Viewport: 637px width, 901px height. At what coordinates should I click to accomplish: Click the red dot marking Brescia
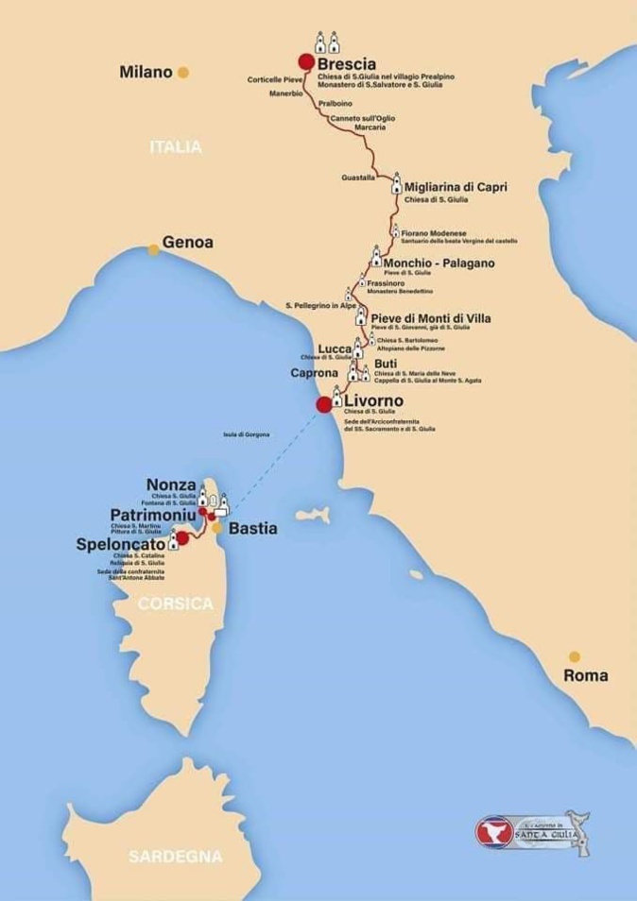point(306,61)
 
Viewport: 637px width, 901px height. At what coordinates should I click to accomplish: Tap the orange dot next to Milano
point(183,72)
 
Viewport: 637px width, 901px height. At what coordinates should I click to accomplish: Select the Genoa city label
point(188,242)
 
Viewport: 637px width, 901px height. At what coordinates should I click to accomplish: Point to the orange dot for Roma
point(574,656)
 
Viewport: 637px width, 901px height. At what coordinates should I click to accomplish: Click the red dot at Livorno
point(324,404)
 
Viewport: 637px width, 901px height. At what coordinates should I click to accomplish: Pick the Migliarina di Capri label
point(456,187)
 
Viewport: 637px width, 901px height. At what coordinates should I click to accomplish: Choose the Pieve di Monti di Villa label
point(431,318)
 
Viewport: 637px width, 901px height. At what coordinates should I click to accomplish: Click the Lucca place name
point(335,348)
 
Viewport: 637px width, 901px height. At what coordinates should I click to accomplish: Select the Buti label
point(386,363)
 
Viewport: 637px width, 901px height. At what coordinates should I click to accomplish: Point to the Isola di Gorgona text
point(247,433)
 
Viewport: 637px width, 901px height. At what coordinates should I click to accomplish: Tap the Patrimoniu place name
point(153,516)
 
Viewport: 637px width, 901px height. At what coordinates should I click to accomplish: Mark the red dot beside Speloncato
point(183,538)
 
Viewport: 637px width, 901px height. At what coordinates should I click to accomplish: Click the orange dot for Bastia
point(217,529)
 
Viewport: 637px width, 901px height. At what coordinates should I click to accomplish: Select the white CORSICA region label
point(176,604)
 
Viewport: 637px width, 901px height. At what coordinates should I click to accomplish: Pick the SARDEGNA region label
point(176,857)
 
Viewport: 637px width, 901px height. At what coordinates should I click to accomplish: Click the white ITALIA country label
point(176,147)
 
